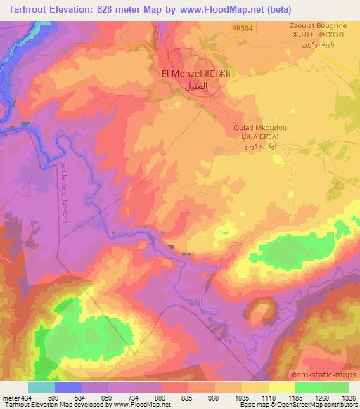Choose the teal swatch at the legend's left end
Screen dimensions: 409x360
(41, 387)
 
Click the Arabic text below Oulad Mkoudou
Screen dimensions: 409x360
(253, 148)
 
